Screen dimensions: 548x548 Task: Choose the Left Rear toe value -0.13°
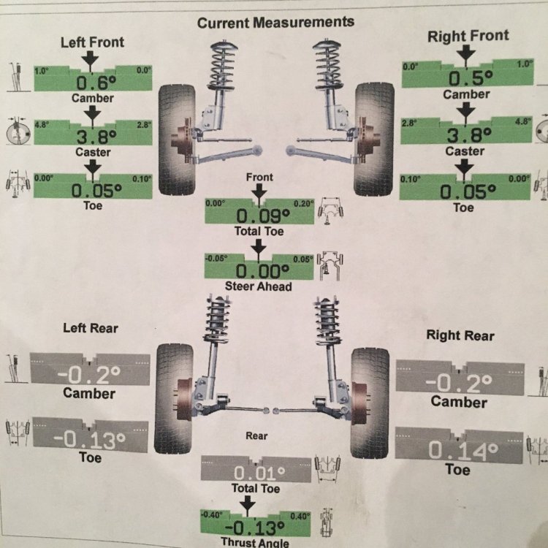coord(90,441)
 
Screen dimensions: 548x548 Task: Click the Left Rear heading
coord(91,328)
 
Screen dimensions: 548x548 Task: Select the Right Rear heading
coord(461,335)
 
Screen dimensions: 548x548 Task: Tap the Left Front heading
coord(92,42)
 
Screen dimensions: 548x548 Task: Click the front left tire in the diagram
coord(175,139)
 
